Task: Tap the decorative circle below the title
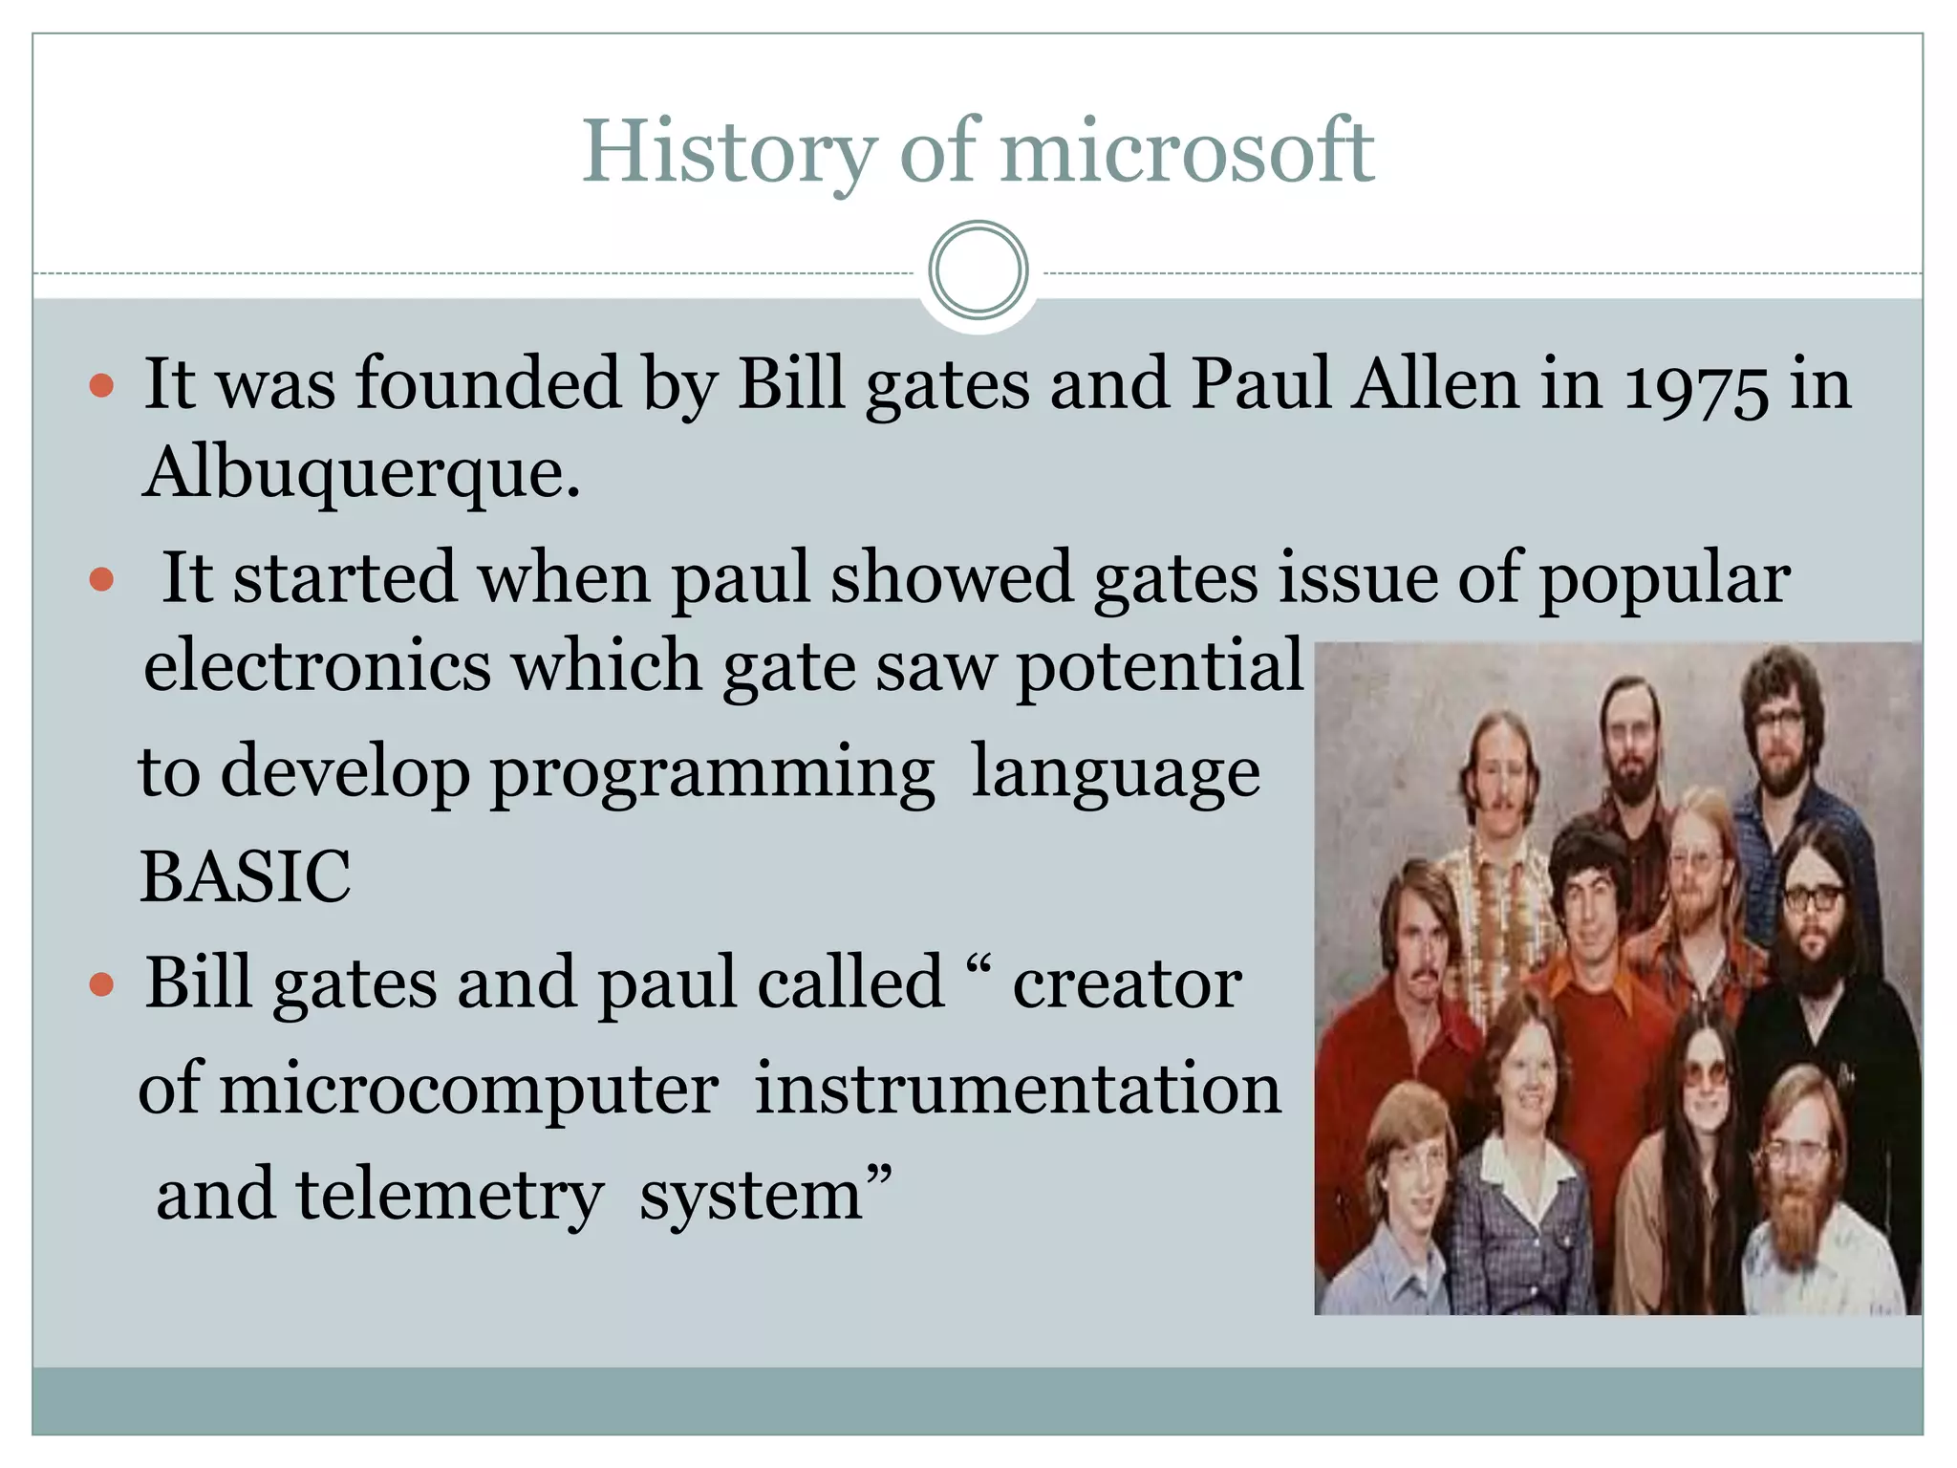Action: click(x=978, y=270)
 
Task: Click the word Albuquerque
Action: click(x=360, y=474)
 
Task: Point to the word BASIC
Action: click(x=245, y=875)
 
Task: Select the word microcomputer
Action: click(x=469, y=1089)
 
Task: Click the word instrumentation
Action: click(x=1018, y=1089)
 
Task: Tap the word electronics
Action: click(x=316, y=665)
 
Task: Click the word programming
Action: click(x=713, y=771)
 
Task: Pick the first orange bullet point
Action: click(x=101, y=386)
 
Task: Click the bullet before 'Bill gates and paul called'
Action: click(x=101, y=984)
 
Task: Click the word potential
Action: click(x=1158, y=665)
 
